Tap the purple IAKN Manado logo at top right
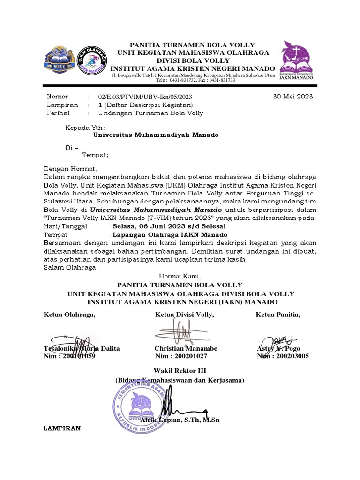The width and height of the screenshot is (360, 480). [297, 61]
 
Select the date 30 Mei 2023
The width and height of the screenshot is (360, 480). [292, 97]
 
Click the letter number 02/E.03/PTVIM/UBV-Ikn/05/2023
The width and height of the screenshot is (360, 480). [145, 97]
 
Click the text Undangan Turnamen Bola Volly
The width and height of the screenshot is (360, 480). [150, 113]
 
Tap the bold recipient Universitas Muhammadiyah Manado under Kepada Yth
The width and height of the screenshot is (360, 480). [156, 135]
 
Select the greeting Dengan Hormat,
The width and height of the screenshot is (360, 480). [70, 168]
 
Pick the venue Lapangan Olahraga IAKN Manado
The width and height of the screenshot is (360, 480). [170, 234]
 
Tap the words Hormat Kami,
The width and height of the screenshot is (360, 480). [180, 276]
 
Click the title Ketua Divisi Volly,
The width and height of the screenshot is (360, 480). [185, 314]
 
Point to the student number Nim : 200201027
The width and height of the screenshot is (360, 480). [184, 356]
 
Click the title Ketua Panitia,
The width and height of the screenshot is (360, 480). [278, 314]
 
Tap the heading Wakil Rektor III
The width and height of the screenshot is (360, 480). [180, 370]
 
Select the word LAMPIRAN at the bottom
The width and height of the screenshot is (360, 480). [62, 428]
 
